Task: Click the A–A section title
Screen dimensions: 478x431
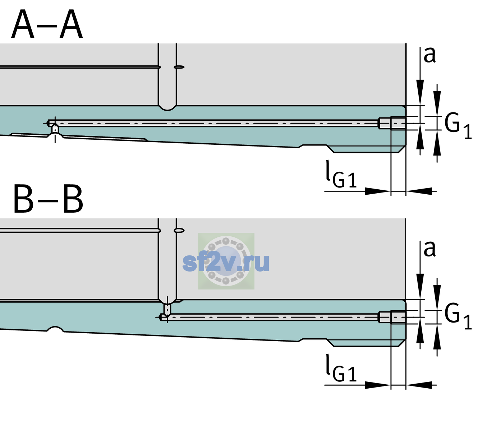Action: [47, 24]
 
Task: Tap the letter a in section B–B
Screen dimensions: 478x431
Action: [429, 249]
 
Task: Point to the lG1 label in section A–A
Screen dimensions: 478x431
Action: [341, 174]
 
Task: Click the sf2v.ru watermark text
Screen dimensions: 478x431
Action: [226, 263]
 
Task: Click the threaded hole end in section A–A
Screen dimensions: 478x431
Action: [392, 123]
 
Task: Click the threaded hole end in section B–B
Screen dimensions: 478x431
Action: [392, 317]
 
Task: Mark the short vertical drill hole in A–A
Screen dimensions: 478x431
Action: [55, 129]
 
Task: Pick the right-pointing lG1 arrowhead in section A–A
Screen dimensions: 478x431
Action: [378, 191]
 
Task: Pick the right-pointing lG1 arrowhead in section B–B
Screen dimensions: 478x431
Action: [378, 385]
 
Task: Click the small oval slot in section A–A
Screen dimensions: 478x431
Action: [179, 67]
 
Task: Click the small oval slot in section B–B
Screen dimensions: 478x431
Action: [179, 231]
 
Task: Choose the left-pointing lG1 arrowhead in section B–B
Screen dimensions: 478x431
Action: [419, 385]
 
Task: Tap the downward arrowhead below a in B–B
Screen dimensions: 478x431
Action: [420, 286]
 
